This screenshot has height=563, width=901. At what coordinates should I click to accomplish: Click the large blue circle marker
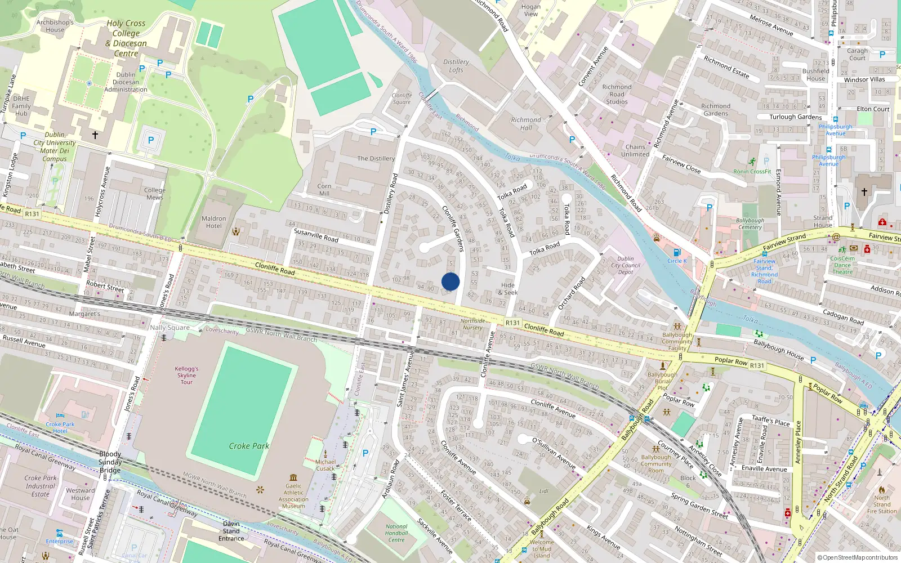[450, 281]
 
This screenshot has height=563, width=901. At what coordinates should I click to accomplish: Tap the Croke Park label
[249, 446]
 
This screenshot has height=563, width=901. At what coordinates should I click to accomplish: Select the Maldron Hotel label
[214, 222]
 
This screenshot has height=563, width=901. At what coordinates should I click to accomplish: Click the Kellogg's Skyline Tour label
[186, 376]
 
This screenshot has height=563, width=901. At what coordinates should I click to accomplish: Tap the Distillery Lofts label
[456, 66]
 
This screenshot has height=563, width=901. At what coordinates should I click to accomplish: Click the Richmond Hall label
[526, 124]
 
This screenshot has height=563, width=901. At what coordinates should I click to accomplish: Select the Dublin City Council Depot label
[626, 265]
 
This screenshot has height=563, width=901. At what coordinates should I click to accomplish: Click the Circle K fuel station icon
[677, 253]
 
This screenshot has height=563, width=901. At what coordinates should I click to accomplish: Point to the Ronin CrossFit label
[752, 172]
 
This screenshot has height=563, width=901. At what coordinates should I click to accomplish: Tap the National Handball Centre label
[396, 533]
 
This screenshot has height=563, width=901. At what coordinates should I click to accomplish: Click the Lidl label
[543, 491]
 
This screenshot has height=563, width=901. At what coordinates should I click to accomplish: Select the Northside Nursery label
[472, 324]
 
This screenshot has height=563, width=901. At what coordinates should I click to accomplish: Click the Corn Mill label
[324, 190]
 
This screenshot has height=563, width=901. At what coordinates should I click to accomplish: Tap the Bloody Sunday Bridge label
[110, 462]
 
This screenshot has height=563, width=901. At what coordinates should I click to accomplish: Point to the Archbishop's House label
[55, 26]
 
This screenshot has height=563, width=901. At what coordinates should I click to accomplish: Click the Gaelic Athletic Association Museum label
[293, 496]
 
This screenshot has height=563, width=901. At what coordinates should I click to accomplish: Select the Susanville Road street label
[316, 235]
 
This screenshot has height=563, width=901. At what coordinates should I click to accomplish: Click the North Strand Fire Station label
[882, 504]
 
